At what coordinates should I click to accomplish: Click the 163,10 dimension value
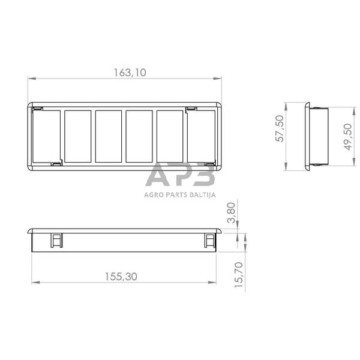point(130,73)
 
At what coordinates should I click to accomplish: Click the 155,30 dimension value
point(121,277)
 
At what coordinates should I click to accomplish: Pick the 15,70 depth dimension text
point(239,273)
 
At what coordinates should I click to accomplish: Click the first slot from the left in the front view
point(47,136)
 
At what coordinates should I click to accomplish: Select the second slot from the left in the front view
point(77,136)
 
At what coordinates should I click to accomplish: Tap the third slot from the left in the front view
point(109,136)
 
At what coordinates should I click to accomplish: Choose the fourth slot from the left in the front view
point(139,136)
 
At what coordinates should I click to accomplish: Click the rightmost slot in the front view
point(201,136)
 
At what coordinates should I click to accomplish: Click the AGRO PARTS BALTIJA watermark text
point(180,194)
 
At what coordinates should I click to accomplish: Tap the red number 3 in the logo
point(204,176)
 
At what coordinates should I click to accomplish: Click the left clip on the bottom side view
point(56,240)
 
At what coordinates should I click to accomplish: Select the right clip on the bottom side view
point(210,240)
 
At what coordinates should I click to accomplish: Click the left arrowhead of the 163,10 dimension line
point(31,78)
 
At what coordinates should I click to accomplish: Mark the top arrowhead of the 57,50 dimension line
point(287,105)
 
